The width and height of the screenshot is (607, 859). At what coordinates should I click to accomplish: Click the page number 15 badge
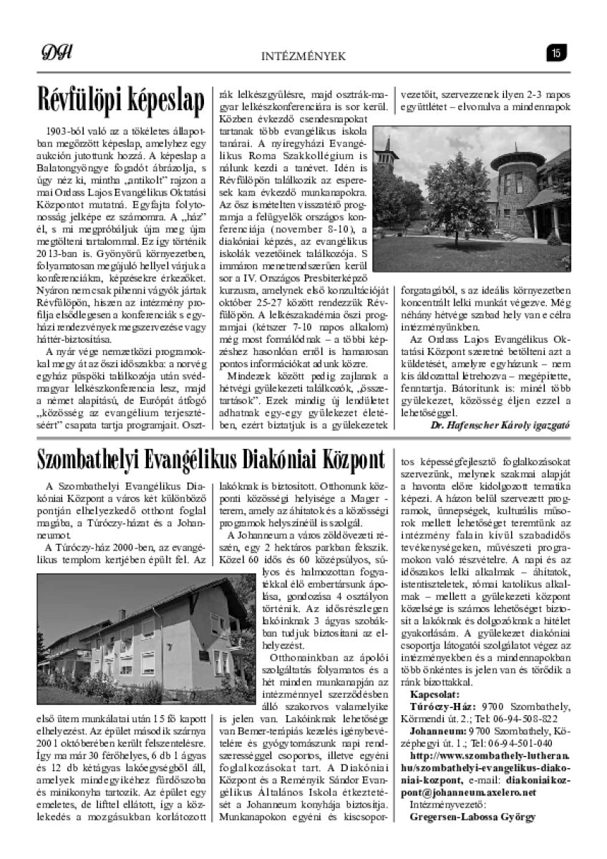(556, 52)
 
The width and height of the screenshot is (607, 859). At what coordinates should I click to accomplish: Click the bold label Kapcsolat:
(434, 694)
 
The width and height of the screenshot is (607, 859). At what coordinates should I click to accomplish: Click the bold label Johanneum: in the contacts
(438, 731)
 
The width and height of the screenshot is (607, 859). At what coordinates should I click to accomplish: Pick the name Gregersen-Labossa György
(472, 815)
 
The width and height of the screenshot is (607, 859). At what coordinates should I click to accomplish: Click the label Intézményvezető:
(444, 803)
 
